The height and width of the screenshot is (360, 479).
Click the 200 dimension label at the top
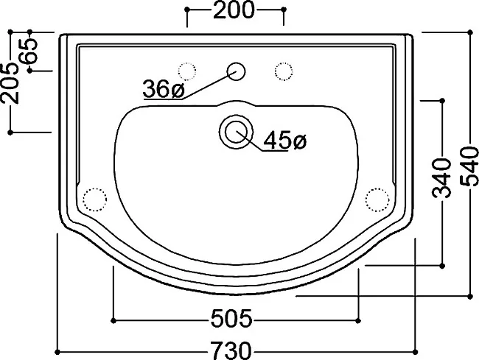[x=234, y=10]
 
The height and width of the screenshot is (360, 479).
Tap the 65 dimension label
[x=29, y=51]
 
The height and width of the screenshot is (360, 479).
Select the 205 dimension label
[x=10, y=83]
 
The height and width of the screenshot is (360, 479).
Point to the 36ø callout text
[x=164, y=89]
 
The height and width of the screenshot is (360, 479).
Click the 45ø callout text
[x=284, y=141]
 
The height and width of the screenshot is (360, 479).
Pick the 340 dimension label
[x=441, y=177]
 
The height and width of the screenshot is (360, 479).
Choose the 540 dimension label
[x=469, y=166]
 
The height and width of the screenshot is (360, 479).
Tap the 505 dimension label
[x=231, y=318]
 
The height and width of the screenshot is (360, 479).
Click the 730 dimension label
[x=231, y=350]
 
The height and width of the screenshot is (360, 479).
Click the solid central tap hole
[x=236, y=71]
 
